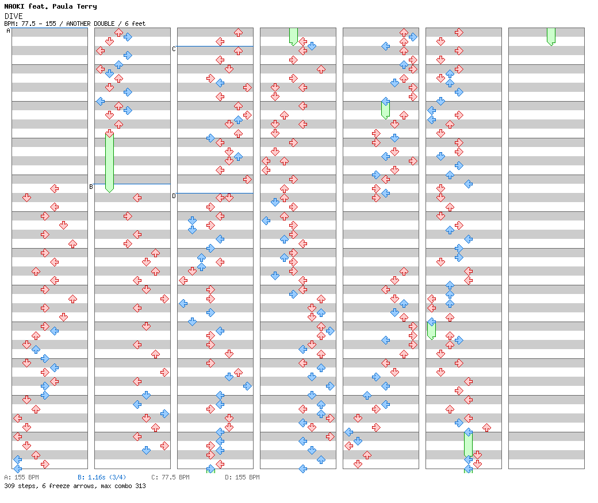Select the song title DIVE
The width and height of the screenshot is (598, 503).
coord(13,16)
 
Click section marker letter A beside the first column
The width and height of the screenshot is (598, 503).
coord(9,30)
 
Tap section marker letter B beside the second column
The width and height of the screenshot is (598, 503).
coord(91,187)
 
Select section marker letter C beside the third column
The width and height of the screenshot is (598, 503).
coord(174,49)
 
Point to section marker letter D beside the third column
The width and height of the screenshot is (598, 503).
coord(174,196)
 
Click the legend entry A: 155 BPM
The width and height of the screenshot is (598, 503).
coord(21,477)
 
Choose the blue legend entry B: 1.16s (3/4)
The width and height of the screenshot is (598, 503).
coord(102,477)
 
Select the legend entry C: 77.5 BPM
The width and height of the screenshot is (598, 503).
coord(170,477)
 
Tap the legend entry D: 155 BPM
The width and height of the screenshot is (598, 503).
coord(242,477)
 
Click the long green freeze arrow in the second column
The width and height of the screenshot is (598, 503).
coord(109,161)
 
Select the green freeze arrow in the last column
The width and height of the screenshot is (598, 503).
coord(551,36)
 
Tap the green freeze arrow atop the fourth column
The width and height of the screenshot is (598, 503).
coord(293,36)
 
